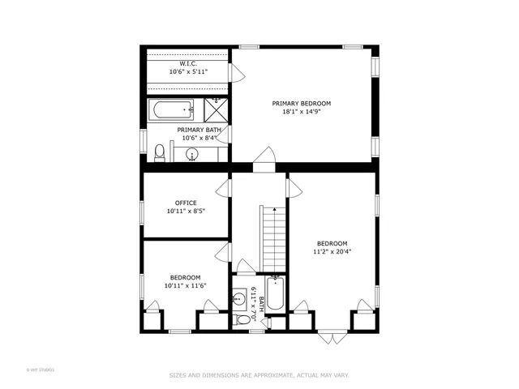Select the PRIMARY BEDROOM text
301,104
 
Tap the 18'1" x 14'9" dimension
301,113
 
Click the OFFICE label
186,203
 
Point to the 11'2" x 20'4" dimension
332,252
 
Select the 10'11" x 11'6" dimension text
186,285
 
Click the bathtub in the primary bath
171,108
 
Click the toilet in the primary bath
160,152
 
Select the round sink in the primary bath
193,155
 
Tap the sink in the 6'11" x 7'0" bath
239,299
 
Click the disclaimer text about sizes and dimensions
259,375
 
